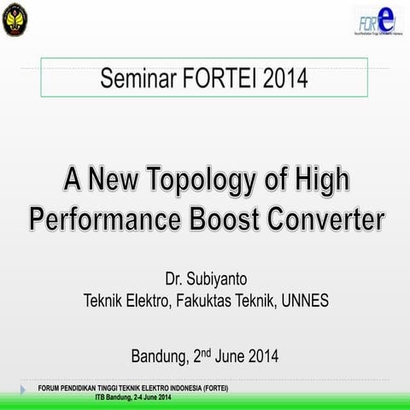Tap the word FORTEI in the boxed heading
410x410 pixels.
click(x=217, y=81)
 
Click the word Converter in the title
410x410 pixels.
click(x=333, y=220)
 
